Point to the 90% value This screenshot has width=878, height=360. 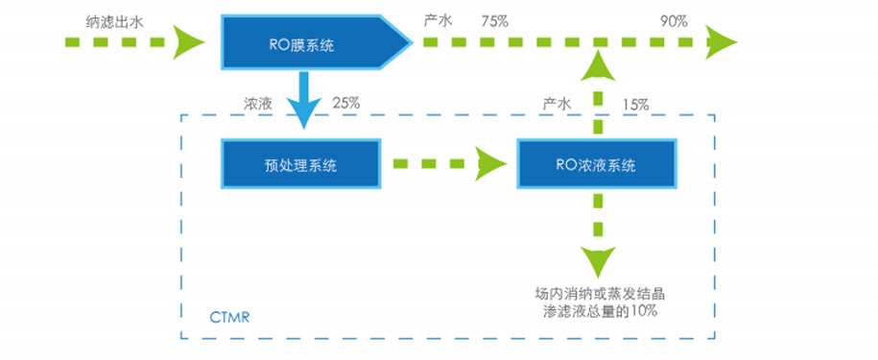[x=675, y=20]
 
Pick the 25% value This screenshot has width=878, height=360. [x=345, y=102]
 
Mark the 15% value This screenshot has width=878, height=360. [x=635, y=102]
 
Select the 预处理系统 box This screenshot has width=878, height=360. [x=300, y=164]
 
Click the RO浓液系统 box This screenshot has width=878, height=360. [x=595, y=164]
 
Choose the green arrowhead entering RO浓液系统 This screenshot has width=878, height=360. [x=492, y=164]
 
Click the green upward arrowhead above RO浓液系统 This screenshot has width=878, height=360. [x=601, y=64]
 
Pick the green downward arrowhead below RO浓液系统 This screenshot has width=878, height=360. [x=601, y=262]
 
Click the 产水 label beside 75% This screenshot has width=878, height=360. [x=437, y=20]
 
